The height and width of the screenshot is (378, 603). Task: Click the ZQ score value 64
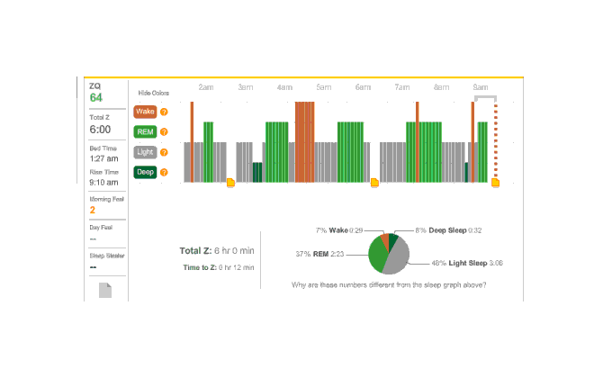(x=95, y=97)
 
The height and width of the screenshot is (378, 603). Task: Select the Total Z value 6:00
(x=99, y=130)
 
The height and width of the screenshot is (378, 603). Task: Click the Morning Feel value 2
(x=92, y=211)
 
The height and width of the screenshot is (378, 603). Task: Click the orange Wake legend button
(x=144, y=112)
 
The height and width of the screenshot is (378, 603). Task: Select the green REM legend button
(x=144, y=132)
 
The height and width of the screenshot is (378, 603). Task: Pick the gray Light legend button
(x=144, y=152)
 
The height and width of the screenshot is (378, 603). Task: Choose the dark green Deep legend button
(x=144, y=172)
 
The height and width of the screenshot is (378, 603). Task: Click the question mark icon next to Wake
(x=164, y=112)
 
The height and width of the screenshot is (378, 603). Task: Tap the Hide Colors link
(x=153, y=93)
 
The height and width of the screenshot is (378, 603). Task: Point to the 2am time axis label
(x=206, y=87)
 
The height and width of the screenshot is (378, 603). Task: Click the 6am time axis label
(x=363, y=87)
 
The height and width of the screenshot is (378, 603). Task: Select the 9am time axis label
(x=481, y=87)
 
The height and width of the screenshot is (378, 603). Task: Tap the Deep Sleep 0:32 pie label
(x=450, y=231)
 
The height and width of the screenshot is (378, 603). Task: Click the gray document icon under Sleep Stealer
(x=105, y=291)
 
